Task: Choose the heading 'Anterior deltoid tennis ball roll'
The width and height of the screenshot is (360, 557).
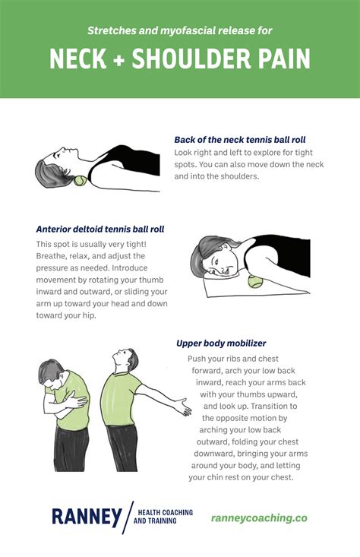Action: (99, 229)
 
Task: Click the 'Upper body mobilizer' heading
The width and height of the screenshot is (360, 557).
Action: (222, 343)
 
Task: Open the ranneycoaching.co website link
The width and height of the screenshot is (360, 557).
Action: (259, 517)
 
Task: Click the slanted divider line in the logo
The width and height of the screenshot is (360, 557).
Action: (128, 517)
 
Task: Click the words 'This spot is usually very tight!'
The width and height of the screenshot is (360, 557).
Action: (91, 244)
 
